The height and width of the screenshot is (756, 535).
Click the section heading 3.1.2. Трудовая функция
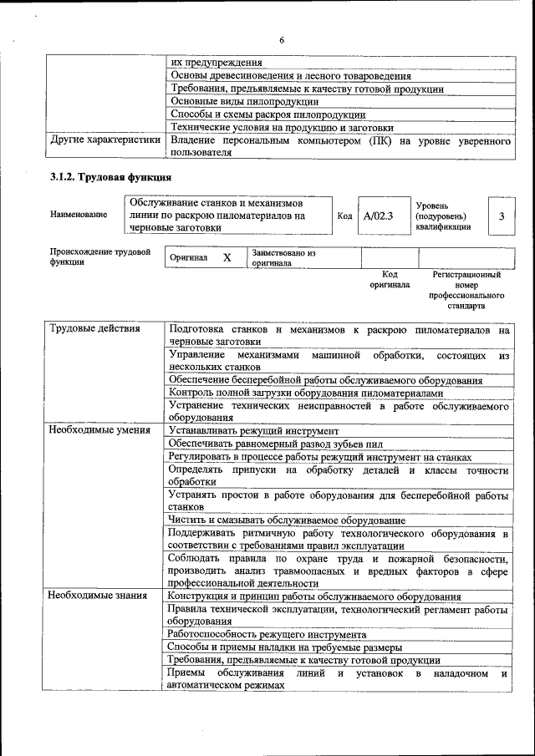point(110,177)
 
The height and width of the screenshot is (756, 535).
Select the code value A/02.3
point(379,216)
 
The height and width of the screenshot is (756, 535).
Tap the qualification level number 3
point(501,216)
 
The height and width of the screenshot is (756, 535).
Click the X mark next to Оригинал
point(227,258)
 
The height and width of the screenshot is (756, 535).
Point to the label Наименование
point(79,215)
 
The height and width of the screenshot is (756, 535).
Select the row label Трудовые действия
point(94,329)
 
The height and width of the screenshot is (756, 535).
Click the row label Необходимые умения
point(99,430)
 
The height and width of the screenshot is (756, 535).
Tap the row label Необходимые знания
point(98,596)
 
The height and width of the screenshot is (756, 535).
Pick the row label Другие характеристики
point(105,141)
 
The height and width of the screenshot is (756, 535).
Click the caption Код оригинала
point(390,279)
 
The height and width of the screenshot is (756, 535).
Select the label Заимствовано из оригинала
point(283,257)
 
